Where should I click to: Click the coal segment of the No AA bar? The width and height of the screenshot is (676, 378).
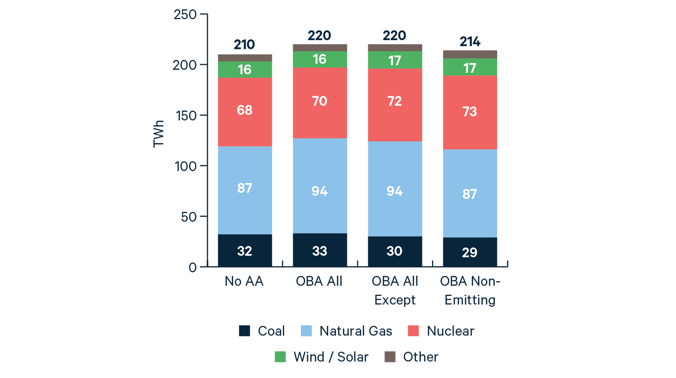point(245,251)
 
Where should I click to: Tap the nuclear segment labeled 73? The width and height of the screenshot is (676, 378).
point(470,112)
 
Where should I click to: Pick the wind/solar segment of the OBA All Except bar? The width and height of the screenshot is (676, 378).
point(395,60)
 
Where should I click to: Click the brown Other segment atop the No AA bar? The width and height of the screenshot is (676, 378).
point(245,58)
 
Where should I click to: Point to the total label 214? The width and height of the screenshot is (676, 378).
point(470,42)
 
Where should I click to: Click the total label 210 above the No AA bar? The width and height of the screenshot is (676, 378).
point(244,45)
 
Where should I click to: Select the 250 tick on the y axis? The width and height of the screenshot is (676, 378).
point(185,15)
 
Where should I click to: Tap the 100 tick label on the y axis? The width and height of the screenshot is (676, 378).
point(185,166)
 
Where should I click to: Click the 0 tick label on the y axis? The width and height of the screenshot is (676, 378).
point(192,268)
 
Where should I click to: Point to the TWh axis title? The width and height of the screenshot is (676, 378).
point(158,134)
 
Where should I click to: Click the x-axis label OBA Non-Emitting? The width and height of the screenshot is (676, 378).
point(470,290)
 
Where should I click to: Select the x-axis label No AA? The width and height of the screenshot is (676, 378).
point(244,281)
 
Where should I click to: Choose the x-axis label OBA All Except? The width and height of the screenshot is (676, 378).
point(395,290)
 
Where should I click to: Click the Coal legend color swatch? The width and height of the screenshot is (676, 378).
point(245,331)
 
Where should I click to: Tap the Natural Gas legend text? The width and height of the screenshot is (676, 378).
point(355,331)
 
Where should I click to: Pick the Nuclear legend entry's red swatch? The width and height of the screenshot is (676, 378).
point(413,331)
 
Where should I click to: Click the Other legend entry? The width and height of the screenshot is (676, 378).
point(420,357)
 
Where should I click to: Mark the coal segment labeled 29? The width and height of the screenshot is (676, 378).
point(470,252)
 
